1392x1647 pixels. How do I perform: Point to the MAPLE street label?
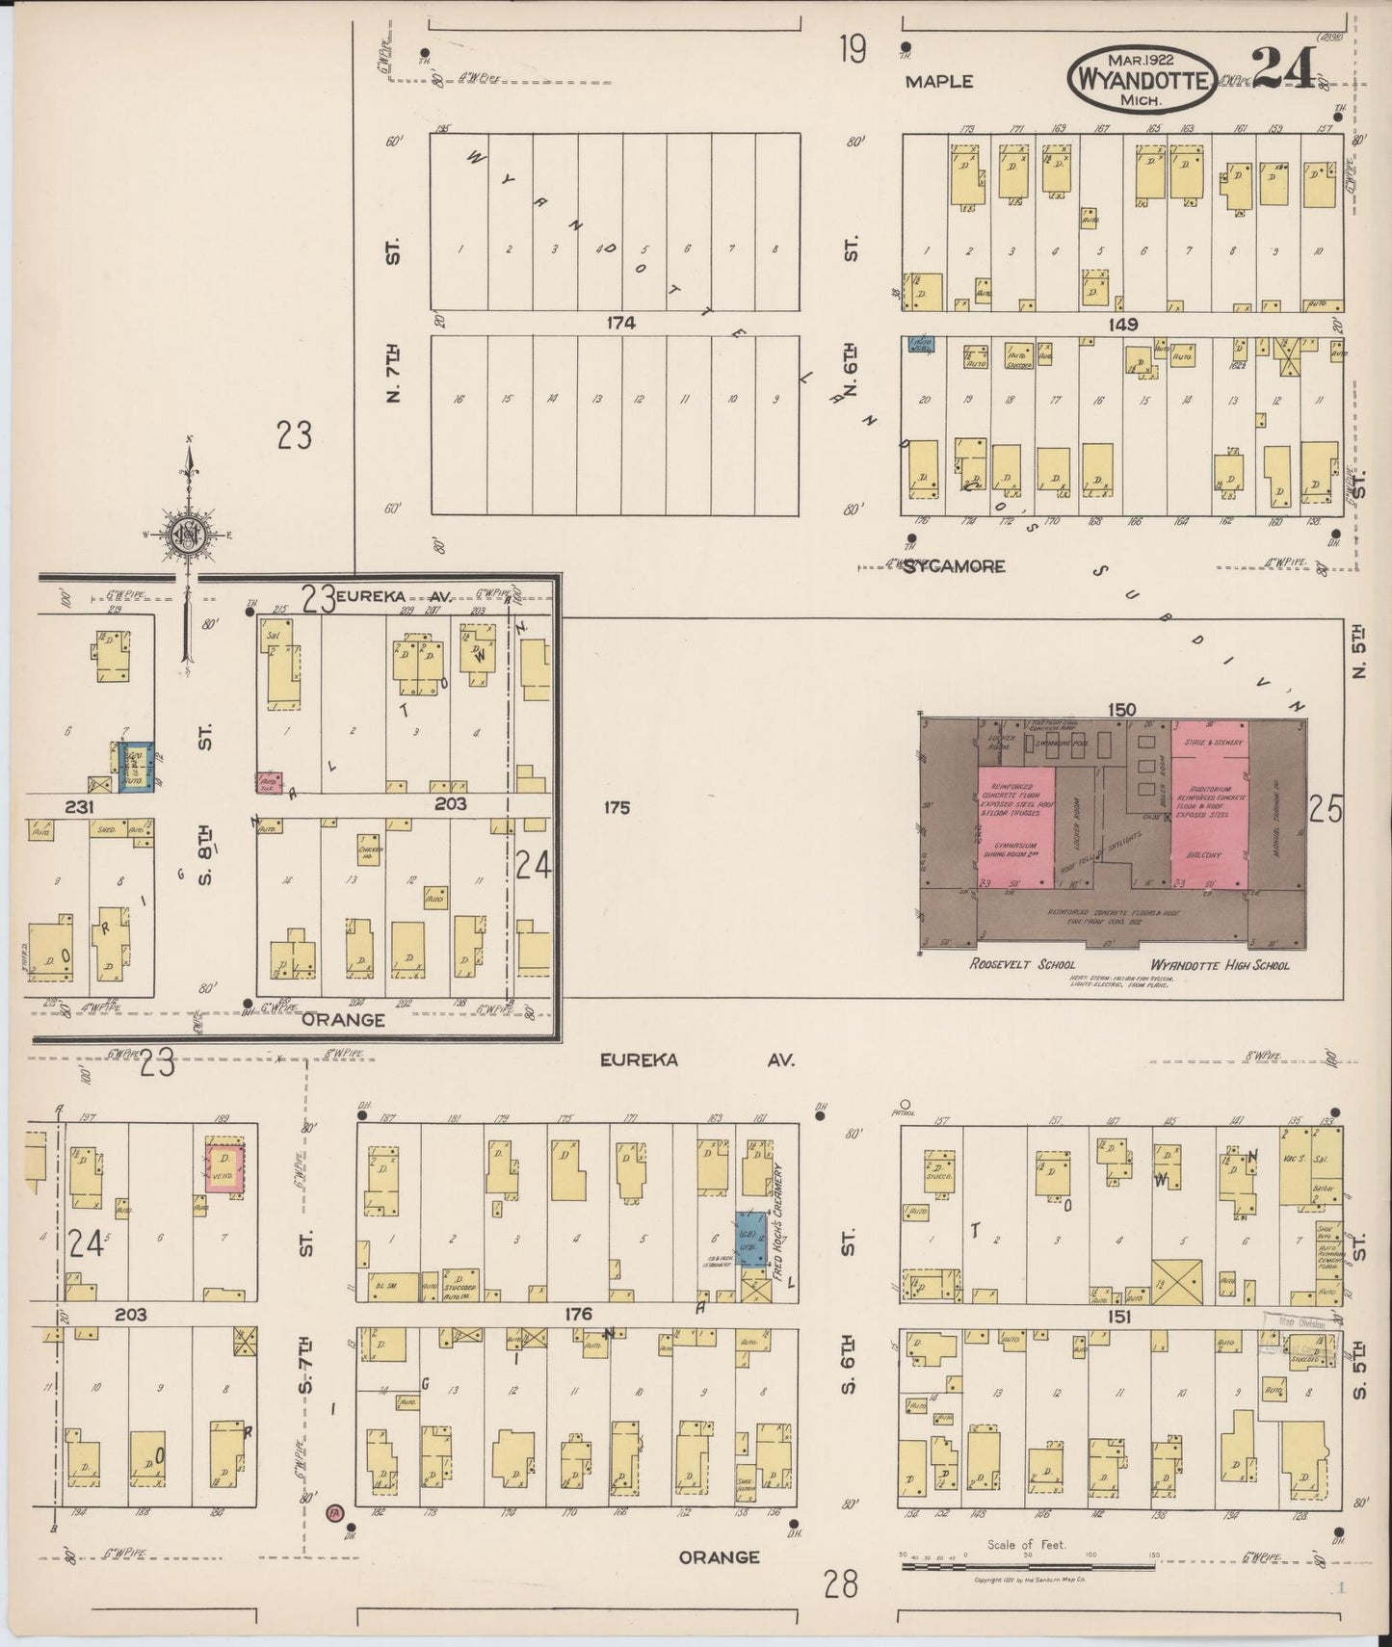(x=939, y=82)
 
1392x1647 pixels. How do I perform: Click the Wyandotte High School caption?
(x=1220, y=964)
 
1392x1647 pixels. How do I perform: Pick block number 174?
(x=621, y=323)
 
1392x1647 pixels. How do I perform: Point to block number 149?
(x=1123, y=325)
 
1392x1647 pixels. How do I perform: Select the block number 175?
(x=617, y=807)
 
